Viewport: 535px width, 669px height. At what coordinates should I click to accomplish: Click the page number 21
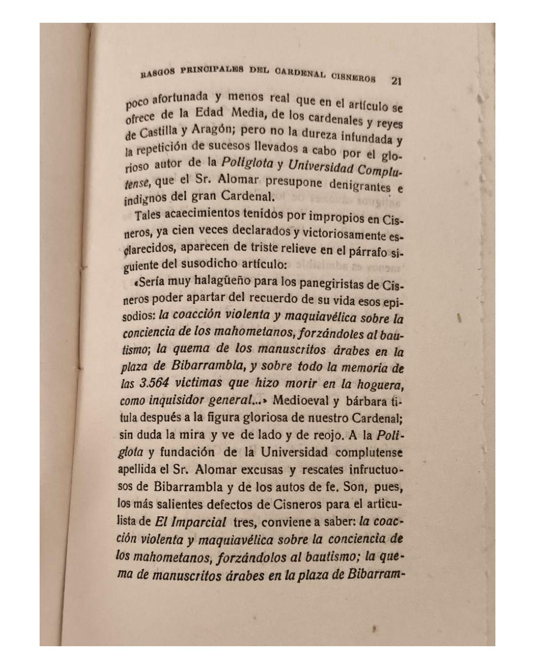[396, 81]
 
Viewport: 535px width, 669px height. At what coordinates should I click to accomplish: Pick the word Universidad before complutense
[294, 452]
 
